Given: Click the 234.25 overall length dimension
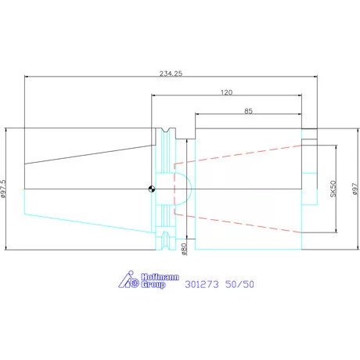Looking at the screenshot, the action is coord(171,74).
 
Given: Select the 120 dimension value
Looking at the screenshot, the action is coord(226,92).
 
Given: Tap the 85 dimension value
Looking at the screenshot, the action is coord(248,111).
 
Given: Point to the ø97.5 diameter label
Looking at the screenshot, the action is coord(3,189).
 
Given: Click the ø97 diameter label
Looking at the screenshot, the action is coord(355,189).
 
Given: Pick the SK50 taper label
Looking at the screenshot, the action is coord(333,189).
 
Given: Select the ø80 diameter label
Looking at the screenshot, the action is coord(184,249).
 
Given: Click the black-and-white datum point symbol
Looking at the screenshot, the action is coord(152,189).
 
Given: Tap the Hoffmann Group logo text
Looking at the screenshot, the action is coord(160,281).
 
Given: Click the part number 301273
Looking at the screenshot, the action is coord(202,284).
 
